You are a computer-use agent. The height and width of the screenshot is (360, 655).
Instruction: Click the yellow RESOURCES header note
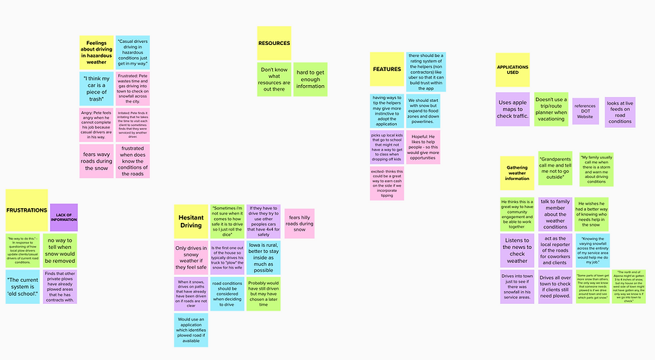(274, 44)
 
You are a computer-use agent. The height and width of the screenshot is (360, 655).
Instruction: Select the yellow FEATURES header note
(387, 70)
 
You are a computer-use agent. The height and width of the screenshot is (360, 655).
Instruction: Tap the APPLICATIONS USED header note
(512, 70)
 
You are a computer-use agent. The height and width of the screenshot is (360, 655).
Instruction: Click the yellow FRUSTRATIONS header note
(27, 210)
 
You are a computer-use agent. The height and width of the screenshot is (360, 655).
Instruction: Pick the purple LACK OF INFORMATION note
(64, 217)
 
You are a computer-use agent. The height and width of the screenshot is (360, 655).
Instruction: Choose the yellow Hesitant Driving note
(191, 221)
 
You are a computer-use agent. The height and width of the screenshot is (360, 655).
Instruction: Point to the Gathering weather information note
(517, 173)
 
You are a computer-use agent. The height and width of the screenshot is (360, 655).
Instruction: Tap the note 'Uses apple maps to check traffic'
(512, 109)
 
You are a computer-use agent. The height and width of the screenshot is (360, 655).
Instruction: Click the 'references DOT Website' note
(585, 111)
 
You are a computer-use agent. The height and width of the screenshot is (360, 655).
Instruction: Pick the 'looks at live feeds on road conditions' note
(620, 111)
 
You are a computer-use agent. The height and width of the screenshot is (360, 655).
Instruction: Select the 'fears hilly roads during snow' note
(300, 224)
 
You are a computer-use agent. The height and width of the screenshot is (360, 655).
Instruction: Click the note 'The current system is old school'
(23, 286)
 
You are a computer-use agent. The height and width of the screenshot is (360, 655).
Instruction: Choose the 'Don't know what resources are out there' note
(274, 79)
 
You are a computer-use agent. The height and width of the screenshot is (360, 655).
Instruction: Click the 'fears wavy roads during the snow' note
(96, 161)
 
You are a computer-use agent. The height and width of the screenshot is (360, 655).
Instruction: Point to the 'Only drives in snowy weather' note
(191, 258)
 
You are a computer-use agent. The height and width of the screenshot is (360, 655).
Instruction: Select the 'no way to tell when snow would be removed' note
(60, 250)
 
